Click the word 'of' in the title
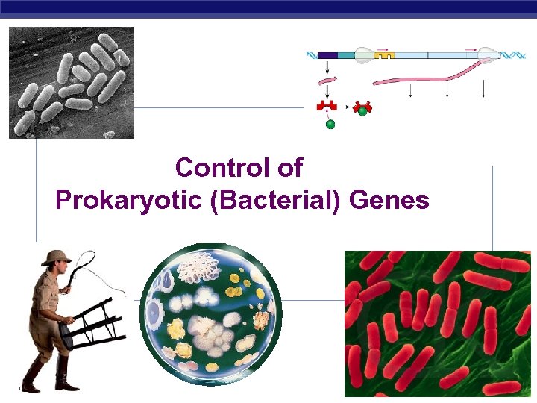(x=290, y=168)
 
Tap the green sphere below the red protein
(x=330, y=125)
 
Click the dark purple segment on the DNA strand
(x=327, y=55)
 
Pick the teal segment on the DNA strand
(x=346, y=55)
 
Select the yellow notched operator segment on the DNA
(x=384, y=54)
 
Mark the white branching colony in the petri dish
(x=200, y=265)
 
